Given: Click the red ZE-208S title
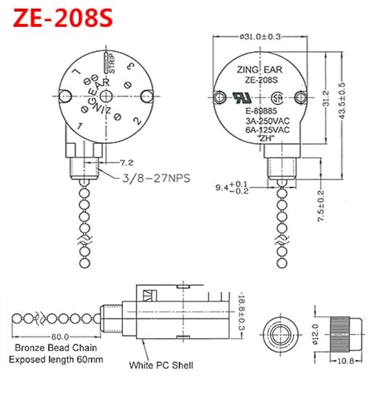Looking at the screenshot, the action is (63, 19).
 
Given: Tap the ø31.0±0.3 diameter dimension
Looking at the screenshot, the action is (260, 37).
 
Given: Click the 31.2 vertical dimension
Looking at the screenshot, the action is (326, 98).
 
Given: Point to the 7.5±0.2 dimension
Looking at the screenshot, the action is (321, 205).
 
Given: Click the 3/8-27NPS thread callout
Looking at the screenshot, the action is (156, 178).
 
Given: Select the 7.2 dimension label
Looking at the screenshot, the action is (127, 163).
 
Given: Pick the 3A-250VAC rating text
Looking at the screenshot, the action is (266, 121).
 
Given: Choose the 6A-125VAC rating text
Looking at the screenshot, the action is (266, 130).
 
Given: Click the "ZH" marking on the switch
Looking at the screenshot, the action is (266, 138).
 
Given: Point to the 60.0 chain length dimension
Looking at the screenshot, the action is (60, 337).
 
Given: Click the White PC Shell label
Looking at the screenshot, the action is (161, 365).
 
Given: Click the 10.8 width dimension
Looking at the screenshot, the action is (345, 361).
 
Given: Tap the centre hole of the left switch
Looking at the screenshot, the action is (106, 96).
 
